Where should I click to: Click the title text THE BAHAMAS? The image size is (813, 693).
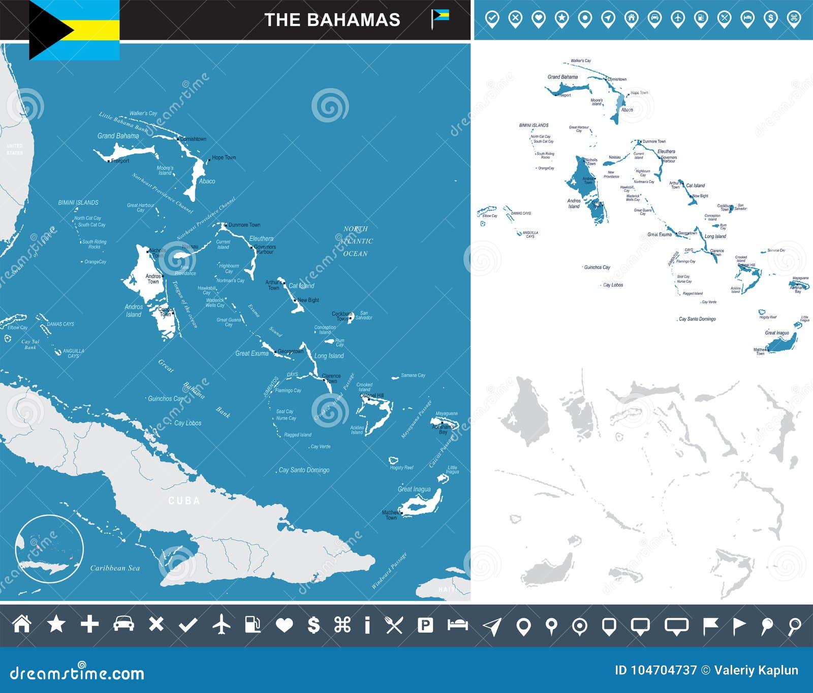(332, 20)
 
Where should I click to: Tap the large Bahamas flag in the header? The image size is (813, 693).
(74, 29)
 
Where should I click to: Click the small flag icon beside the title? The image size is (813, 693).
(439, 18)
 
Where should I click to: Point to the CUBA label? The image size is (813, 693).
(184, 501)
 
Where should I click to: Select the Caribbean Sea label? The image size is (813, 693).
(115, 568)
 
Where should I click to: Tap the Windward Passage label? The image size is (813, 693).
(389, 570)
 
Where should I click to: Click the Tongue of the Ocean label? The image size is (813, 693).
(185, 304)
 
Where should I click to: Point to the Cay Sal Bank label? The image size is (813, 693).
(30, 344)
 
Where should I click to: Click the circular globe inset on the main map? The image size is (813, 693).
(49, 549)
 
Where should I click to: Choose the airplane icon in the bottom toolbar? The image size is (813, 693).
(222, 624)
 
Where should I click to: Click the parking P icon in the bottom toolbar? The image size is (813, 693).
(425, 624)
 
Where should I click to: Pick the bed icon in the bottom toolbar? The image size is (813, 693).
(457, 624)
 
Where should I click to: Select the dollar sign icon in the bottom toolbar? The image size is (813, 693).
(314, 624)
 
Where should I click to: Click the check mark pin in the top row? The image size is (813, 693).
(492, 19)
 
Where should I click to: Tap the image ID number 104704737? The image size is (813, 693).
(655, 670)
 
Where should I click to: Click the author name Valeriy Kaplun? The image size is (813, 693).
(756, 670)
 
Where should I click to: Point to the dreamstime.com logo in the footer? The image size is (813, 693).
(77, 673)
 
